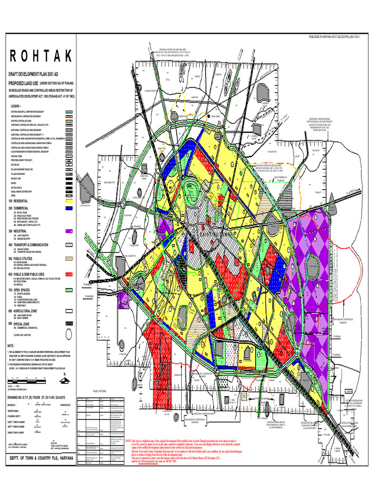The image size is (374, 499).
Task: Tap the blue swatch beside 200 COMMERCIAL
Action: [69, 208]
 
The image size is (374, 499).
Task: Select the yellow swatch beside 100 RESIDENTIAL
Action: [69, 201]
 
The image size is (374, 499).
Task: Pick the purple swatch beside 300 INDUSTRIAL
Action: [69, 230]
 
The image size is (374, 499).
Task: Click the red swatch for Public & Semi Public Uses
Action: [69, 275]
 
